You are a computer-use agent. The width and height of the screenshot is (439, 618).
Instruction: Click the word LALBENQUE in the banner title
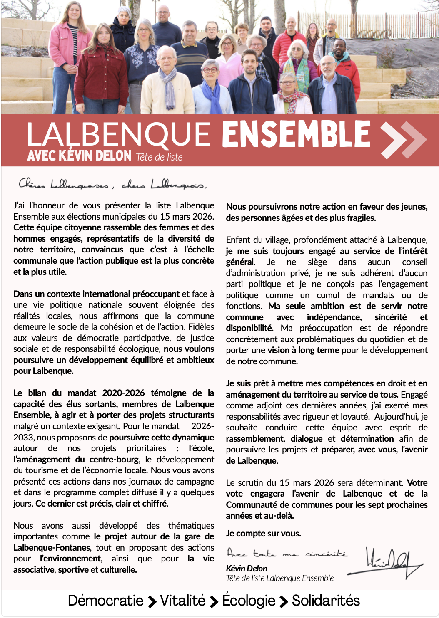point(119,135)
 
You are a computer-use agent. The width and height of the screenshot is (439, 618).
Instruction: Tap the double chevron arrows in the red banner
point(403,140)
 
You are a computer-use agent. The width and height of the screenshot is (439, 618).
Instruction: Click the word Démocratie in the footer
point(105,601)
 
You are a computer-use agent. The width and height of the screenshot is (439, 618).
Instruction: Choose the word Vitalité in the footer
point(182,601)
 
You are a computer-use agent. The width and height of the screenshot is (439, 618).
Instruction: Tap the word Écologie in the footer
point(249,601)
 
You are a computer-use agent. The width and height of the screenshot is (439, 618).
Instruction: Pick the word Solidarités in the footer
point(326,601)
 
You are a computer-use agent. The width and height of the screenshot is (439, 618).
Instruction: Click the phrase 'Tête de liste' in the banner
point(159,157)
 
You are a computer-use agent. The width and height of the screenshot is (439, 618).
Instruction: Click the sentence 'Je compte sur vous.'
point(263,533)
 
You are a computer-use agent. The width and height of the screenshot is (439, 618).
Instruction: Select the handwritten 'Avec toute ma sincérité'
point(287,553)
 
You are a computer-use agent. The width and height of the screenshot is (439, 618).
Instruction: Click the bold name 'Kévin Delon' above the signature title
point(247,568)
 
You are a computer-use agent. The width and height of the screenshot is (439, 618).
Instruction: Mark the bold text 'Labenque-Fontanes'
point(52,548)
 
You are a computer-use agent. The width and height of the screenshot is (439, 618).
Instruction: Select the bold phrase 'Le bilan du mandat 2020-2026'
point(79,393)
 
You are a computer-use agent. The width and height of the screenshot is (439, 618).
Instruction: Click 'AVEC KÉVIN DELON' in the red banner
point(79,156)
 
